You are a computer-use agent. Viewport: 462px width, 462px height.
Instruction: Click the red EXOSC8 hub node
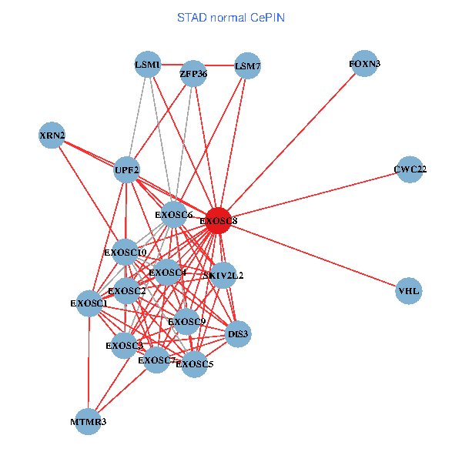[218, 221]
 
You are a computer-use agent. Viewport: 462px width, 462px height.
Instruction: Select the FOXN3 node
[364, 65]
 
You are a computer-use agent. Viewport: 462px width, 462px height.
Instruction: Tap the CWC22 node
[410, 169]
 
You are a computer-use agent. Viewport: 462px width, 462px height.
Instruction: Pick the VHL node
[409, 291]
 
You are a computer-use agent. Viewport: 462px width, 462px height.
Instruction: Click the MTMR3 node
[89, 422]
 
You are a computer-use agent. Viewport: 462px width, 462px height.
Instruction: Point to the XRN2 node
[52, 136]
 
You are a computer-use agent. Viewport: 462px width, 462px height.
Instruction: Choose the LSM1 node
[147, 65]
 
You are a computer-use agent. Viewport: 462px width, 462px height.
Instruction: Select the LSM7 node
[247, 66]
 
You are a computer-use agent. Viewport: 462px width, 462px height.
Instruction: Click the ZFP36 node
[193, 75]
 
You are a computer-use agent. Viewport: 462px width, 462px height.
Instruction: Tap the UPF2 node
[127, 169]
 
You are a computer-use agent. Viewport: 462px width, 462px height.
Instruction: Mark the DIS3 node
[238, 333]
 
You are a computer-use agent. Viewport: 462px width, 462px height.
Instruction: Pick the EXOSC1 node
[89, 303]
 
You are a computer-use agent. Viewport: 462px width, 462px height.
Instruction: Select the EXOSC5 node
[194, 363]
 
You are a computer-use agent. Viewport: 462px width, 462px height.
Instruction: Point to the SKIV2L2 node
[223, 275]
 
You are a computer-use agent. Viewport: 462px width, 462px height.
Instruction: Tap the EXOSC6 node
[174, 215]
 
